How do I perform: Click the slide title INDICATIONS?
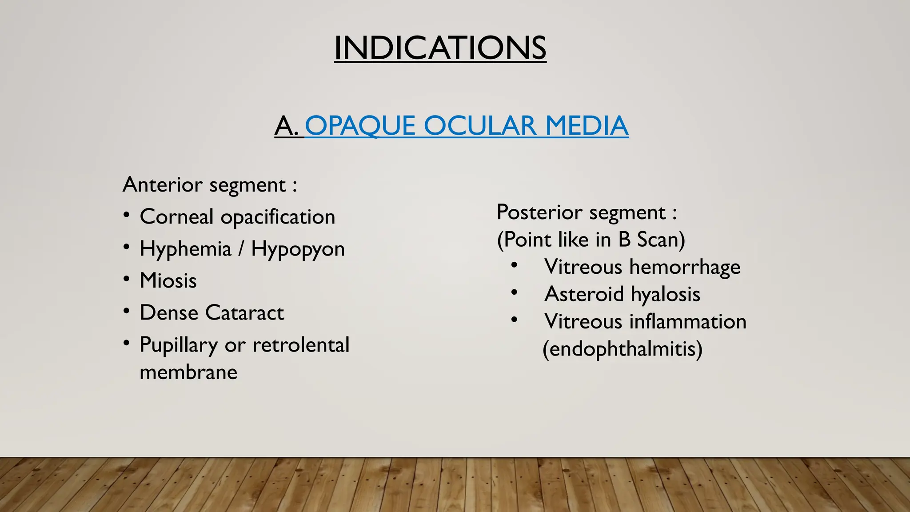[440, 48]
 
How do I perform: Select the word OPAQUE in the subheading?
[360, 126]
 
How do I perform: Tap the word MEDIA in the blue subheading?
[587, 126]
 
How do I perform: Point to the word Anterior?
[163, 184]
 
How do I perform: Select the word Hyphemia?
[185, 249]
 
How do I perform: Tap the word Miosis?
[168, 281]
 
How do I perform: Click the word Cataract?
[244, 313]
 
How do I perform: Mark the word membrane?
[188, 372]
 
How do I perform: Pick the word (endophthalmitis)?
[623, 349]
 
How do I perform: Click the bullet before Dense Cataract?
[127, 312]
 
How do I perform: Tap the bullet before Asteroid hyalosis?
[514, 292]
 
